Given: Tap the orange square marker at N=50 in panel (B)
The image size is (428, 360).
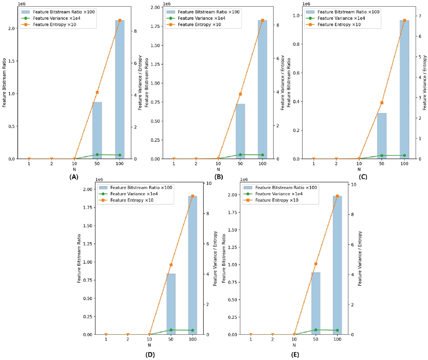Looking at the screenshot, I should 240,94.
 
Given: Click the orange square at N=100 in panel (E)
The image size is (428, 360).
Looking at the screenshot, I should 337,196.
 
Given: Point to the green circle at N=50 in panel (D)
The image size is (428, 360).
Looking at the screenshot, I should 171,330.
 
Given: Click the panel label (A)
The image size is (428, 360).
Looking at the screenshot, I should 74,177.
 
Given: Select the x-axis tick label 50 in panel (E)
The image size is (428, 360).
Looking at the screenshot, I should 316,339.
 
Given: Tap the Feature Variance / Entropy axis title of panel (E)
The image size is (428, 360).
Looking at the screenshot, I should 360,258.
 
